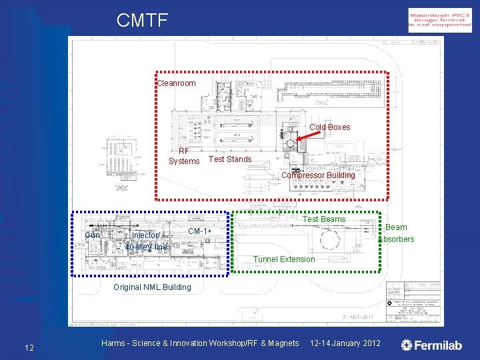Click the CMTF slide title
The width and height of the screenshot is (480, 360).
[142, 20]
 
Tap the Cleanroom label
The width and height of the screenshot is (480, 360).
[176, 83]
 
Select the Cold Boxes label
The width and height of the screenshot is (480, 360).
[329, 127]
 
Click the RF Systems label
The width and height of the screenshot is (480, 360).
[184, 156]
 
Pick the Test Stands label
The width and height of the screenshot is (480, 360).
[230, 159]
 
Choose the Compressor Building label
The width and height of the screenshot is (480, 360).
[318, 175]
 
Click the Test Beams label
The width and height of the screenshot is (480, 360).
[325, 219]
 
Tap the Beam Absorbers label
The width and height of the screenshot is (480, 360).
[397, 233]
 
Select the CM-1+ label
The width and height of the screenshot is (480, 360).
[200, 231]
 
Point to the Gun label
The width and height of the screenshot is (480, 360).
[93, 235]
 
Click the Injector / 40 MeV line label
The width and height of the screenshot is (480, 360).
[146, 241]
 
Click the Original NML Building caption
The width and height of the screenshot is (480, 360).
[152, 287]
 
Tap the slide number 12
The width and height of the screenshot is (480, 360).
[29, 347]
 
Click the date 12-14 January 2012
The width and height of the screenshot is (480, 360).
[345, 343]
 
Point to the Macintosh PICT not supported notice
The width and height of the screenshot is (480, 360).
[430, 20]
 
